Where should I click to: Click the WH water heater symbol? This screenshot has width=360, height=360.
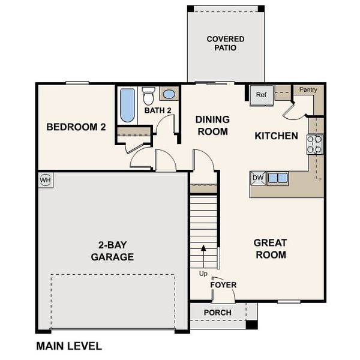point(46,180)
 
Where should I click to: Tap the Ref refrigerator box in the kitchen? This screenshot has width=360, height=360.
point(261,95)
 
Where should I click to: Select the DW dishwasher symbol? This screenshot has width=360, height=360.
point(258,178)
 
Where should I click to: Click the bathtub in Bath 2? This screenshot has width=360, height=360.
point(127,105)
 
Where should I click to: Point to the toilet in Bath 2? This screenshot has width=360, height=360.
point(148,96)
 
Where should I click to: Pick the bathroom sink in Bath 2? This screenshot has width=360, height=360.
point(169,94)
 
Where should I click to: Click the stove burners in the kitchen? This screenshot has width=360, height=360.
point(314,144)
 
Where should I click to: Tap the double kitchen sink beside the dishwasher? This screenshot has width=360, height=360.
point(277,178)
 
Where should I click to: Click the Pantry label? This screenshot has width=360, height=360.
point(308,90)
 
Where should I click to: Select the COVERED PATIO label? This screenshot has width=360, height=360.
point(226,43)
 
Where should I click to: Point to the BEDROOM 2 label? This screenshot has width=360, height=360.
point(76,127)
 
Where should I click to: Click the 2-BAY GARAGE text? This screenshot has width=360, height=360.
point(112,251)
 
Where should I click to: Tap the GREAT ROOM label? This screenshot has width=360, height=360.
point(270,248)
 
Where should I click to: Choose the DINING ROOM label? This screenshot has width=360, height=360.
point(212,125)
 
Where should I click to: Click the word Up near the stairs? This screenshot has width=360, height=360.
point(203,274)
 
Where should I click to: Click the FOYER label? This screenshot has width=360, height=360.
point(223,284)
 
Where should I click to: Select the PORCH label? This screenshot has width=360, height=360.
point(217,313)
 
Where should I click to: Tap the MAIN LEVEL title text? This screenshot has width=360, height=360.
point(69,346)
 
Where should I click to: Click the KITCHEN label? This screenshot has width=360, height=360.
point(276,136)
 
